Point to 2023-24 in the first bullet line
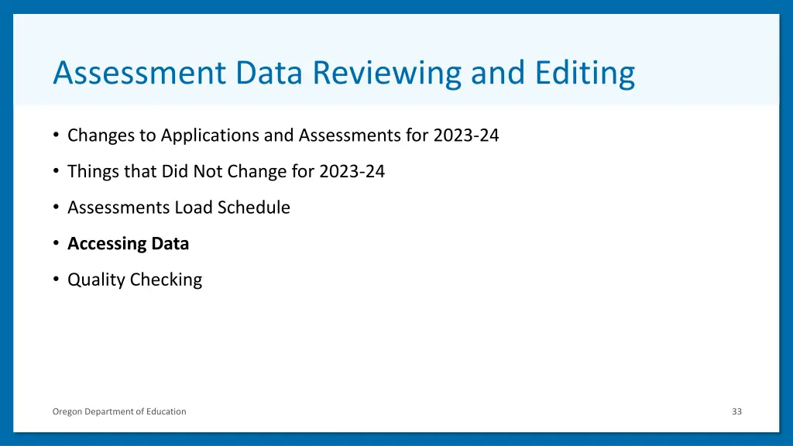(466, 136)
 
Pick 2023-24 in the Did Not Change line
(352, 171)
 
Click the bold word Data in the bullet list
(170, 244)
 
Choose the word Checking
(166, 280)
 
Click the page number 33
(736, 411)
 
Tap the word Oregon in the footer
(67, 411)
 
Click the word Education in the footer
(166, 411)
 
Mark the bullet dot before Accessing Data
(57, 244)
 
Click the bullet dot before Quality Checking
(57, 280)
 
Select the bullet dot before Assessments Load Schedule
(57, 208)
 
